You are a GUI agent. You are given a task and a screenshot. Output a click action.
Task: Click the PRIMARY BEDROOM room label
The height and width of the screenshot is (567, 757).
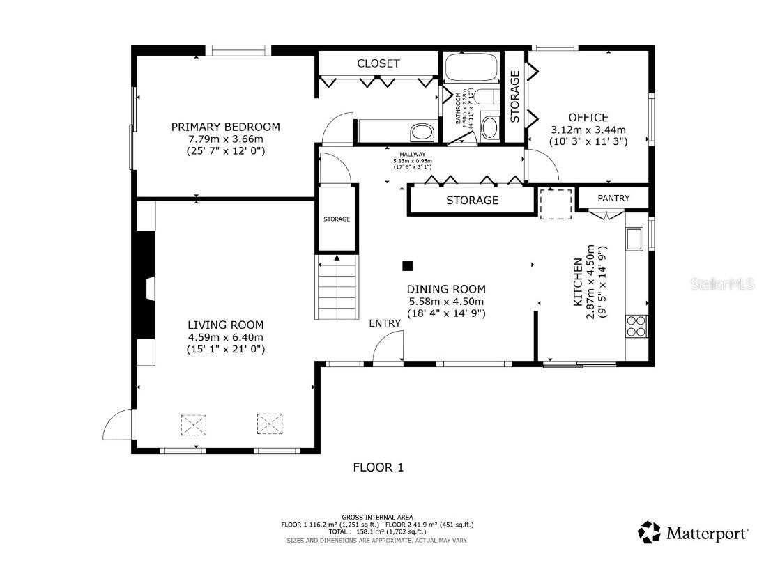[x=225, y=127]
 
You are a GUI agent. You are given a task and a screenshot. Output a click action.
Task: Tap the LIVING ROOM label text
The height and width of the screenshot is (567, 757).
[x=225, y=325]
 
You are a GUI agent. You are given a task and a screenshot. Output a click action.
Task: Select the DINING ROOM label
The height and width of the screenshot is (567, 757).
[x=446, y=289]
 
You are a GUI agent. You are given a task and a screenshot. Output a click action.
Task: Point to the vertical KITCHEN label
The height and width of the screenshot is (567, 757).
[x=577, y=282]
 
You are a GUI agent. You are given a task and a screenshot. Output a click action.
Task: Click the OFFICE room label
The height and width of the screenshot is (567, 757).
[x=588, y=118]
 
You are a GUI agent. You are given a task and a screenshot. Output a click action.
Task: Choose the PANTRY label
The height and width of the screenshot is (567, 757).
[x=613, y=199]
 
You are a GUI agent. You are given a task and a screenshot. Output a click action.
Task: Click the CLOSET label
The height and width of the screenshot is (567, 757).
[x=378, y=63]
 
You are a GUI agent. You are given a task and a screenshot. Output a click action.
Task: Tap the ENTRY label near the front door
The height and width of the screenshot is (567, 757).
[x=385, y=323]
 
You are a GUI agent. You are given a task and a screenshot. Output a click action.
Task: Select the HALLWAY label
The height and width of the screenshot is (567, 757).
[x=412, y=155]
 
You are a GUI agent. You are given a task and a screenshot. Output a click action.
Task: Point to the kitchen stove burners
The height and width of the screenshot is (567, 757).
[x=636, y=326]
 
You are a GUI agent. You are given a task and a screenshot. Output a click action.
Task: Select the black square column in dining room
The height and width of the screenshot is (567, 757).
[x=407, y=265]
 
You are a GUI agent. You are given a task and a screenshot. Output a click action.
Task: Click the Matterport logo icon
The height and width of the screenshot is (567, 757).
[x=649, y=532]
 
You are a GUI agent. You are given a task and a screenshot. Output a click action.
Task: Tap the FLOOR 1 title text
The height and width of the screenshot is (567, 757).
[x=378, y=467]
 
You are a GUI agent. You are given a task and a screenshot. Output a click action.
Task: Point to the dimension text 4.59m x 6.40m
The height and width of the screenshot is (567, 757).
[x=225, y=337]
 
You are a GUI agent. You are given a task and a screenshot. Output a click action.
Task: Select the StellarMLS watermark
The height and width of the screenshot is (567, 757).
[x=723, y=284]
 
